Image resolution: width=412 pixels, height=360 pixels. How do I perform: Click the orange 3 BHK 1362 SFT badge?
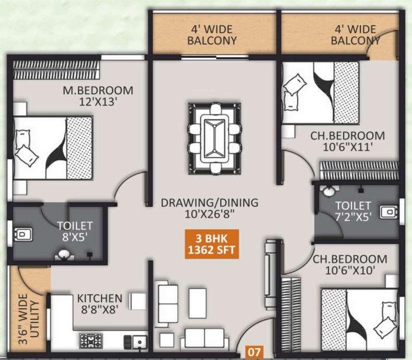point(212,244)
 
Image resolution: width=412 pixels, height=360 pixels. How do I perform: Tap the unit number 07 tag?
point(254,352)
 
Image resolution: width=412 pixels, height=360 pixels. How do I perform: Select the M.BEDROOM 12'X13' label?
point(98,96)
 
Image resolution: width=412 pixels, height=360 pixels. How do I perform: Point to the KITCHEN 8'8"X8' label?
point(100,303)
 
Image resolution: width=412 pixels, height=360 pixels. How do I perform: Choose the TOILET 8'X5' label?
point(75,231)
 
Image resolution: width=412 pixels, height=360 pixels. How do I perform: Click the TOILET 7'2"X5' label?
point(353,210)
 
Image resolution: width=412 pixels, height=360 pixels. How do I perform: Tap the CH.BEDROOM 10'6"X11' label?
point(347,141)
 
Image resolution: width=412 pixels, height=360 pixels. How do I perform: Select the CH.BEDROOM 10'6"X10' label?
point(350,265)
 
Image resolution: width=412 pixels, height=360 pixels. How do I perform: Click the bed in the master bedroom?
point(52,147)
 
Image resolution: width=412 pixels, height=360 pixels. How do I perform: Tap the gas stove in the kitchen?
point(90,341)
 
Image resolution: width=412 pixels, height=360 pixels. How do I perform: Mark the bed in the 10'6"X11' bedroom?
point(321,92)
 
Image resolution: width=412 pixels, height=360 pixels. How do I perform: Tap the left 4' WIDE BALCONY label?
point(213,35)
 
